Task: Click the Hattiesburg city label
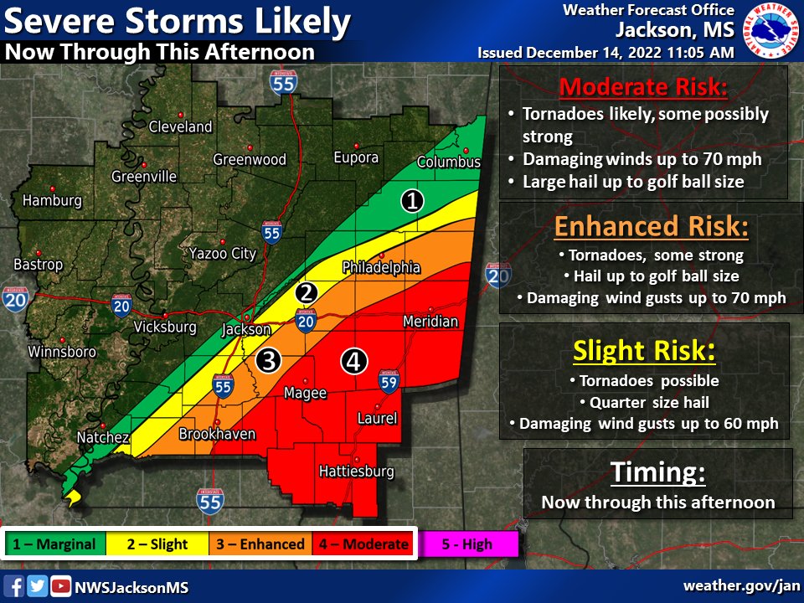(x=356, y=472)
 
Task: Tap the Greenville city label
(x=144, y=177)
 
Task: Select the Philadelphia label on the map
(x=381, y=268)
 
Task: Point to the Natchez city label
(x=103, y=438)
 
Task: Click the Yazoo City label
(x=222, y=253)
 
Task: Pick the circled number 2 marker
(x=307, y=292)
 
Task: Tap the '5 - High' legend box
(x=467, y=544)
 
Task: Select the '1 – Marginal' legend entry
(x=56, y=544)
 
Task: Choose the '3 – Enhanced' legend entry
(x=260, y=544)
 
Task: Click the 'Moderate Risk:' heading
(x=642, y=87)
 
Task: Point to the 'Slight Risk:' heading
(x=644, y=352)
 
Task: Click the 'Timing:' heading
(x=657, y=473)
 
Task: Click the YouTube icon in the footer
(x=60, y=585)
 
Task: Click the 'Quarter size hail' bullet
(x=649, y=403)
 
